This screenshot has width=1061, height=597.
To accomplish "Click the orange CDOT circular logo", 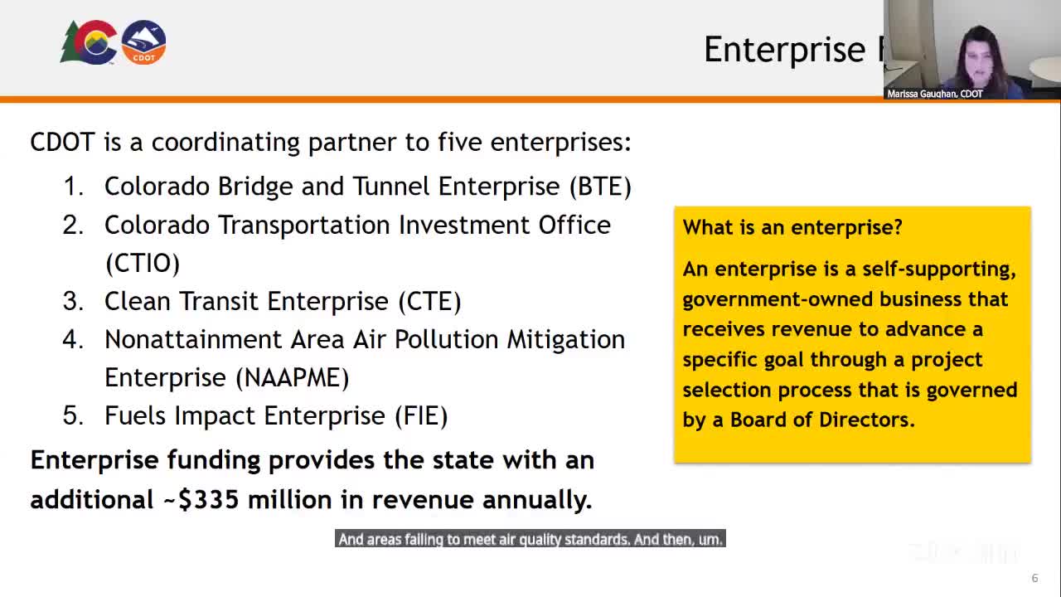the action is (x=143, y=42).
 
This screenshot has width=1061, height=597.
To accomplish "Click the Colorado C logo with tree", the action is (x=89, y=42).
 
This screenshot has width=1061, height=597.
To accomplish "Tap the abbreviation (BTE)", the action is (x=600, y=187).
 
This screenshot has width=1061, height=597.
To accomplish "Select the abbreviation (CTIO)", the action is (x=143, y=263).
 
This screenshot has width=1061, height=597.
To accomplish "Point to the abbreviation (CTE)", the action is (x=429, y=301).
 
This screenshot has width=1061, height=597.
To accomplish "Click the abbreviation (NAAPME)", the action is (x=293, y=377).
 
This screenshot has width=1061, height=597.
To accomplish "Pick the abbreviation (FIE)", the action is (x=421, y=416).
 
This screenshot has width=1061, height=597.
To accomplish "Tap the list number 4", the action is (x=73, y=340).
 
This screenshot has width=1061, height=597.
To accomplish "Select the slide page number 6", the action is (x=1035, y=578).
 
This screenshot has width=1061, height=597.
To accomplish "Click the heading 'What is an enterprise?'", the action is (x=792, y=227).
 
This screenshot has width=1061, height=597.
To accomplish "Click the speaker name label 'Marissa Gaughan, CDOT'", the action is (x=934, y=94).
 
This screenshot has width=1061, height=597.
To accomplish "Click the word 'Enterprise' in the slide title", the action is (x=785, y=49).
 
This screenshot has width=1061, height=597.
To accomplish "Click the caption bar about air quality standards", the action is (x=530, y=539).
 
